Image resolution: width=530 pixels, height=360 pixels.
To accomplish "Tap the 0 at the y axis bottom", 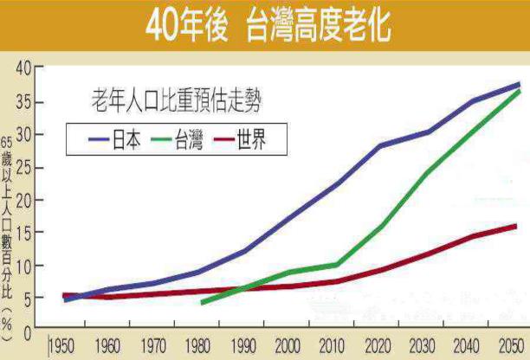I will tap(27, 331).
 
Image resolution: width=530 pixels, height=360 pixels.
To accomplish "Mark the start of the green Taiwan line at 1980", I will tap(202, 303).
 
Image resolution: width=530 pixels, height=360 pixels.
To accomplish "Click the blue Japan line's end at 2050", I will tap(519, 85).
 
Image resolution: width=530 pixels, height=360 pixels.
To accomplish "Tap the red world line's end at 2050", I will tap(516, 226).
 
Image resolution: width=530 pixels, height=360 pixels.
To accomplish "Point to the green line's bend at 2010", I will tap(336, 265).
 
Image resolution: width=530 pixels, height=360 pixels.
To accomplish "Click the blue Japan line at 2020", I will tap(381, 145).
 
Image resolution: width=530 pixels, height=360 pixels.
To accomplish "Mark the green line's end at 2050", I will tap(519, 91).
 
